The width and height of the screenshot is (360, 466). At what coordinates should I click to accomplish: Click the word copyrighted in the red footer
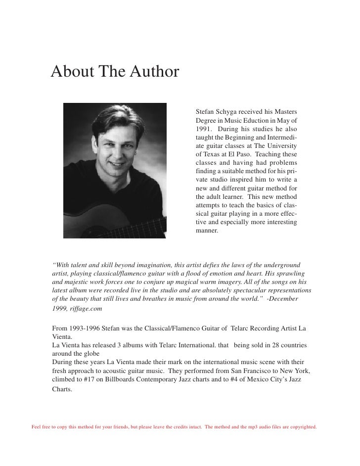click(301, 426)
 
